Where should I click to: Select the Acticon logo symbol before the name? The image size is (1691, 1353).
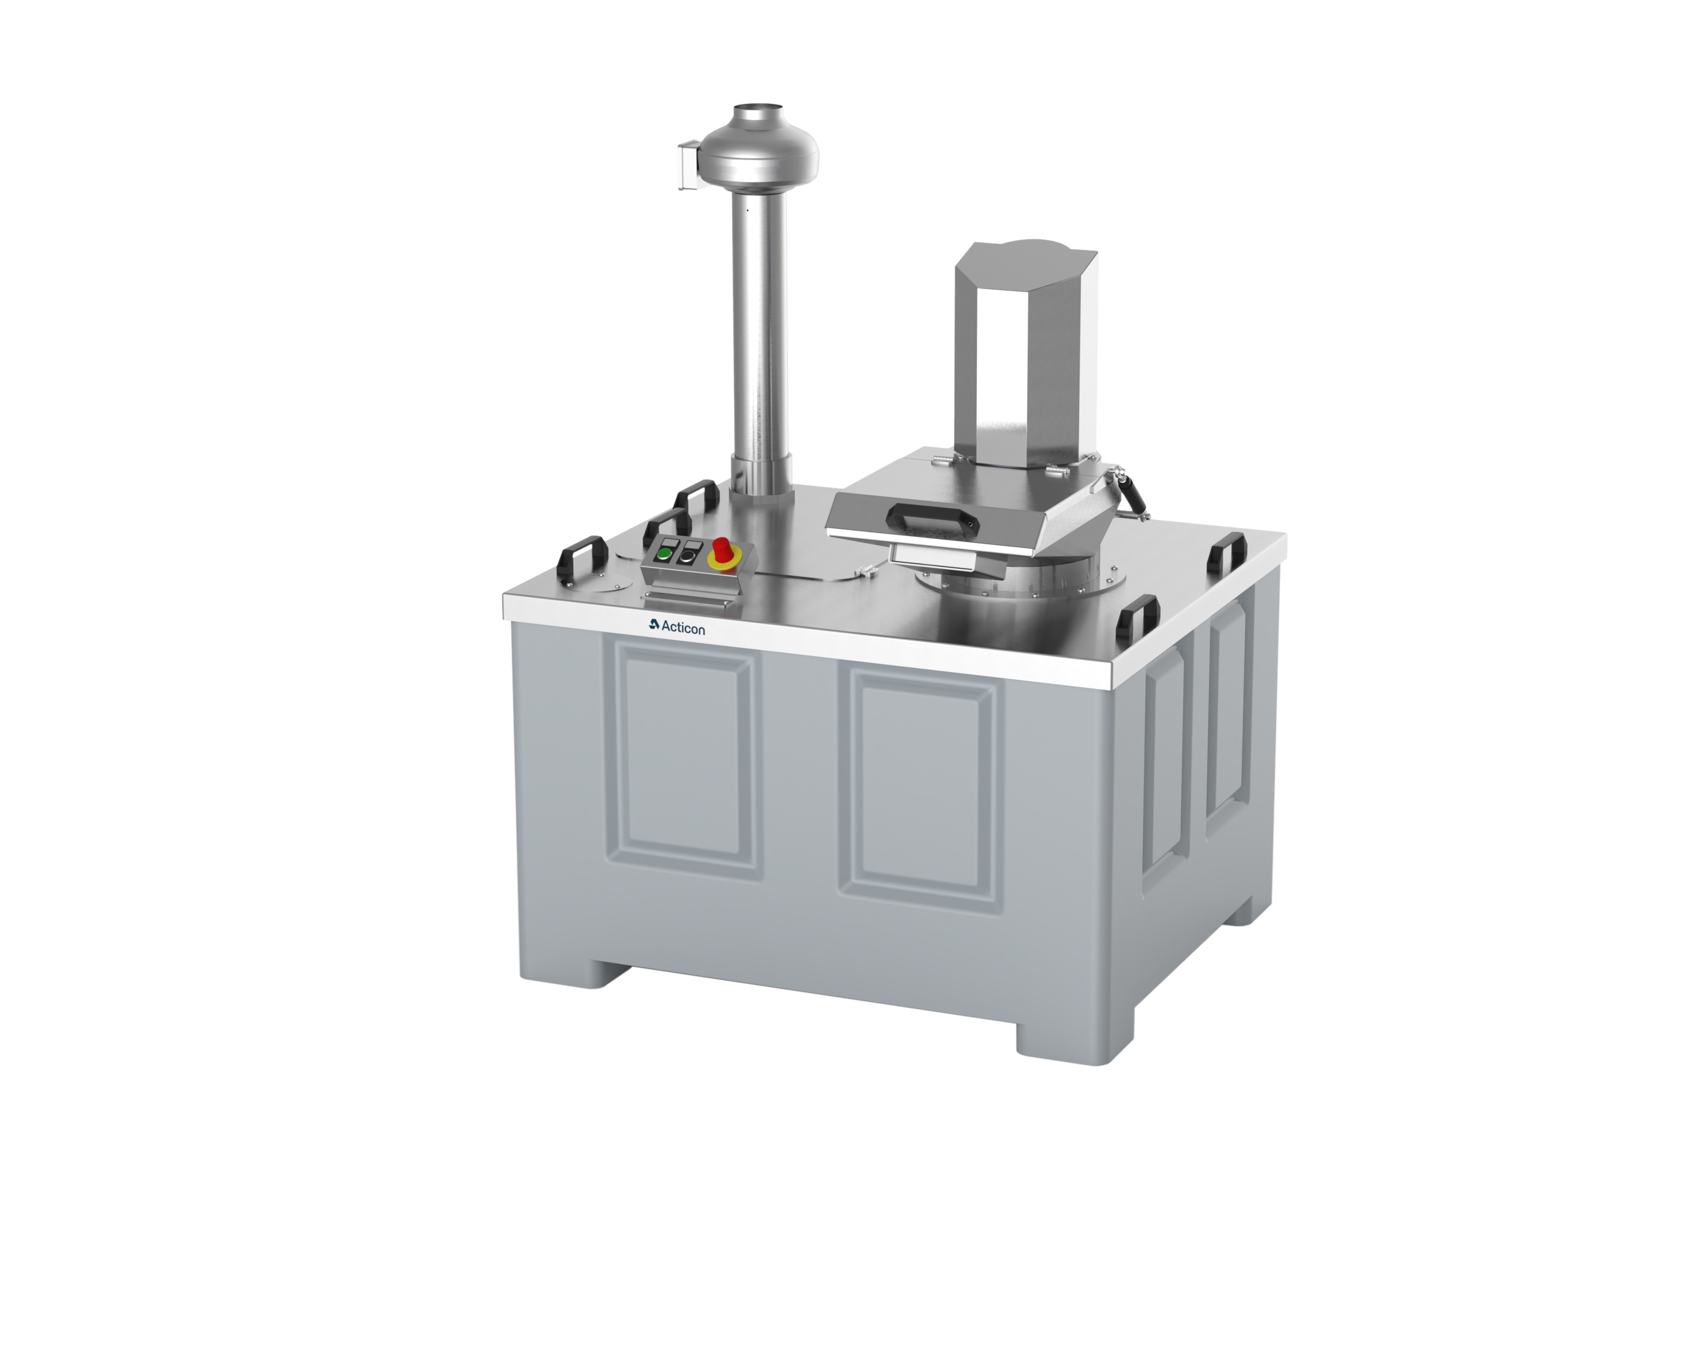[654, 625]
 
